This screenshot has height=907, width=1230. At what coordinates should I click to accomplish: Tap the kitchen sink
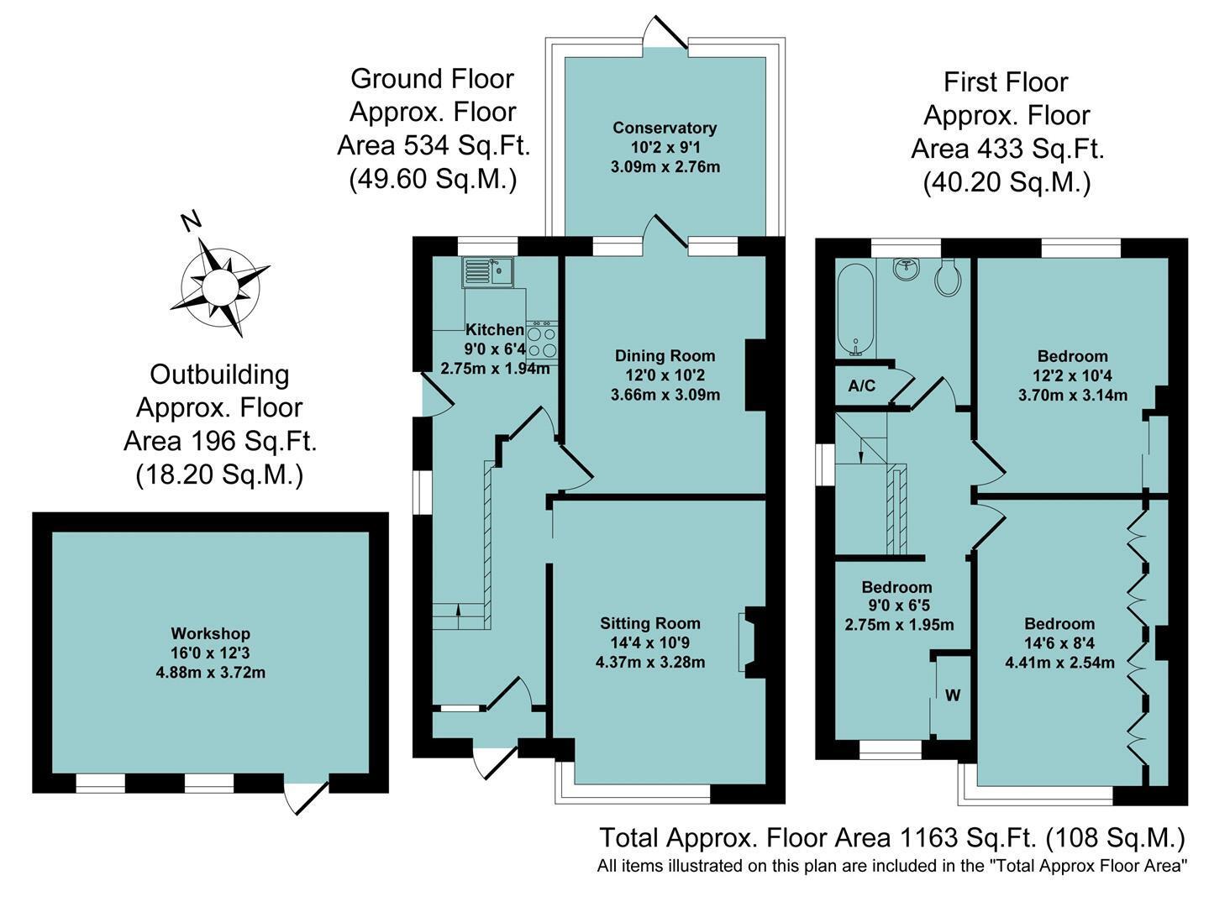487,272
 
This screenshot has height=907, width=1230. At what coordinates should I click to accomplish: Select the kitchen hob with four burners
542,341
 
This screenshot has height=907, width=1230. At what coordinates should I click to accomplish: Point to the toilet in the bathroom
949,277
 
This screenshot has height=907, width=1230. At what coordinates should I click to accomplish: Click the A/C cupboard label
861,386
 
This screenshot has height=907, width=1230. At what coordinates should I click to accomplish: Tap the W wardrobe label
953,695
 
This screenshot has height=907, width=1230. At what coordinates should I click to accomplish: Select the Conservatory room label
665,128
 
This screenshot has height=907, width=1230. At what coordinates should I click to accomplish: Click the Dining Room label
665,356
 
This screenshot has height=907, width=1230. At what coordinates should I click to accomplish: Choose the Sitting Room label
650,623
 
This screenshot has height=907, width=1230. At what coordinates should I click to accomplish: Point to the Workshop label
210,633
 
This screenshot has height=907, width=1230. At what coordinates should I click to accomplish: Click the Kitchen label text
494,329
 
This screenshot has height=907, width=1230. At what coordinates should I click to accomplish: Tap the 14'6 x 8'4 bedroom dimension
1059,643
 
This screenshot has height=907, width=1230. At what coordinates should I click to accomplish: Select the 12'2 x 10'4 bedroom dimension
1072,375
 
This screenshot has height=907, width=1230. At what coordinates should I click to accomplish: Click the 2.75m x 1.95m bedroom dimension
899,624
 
